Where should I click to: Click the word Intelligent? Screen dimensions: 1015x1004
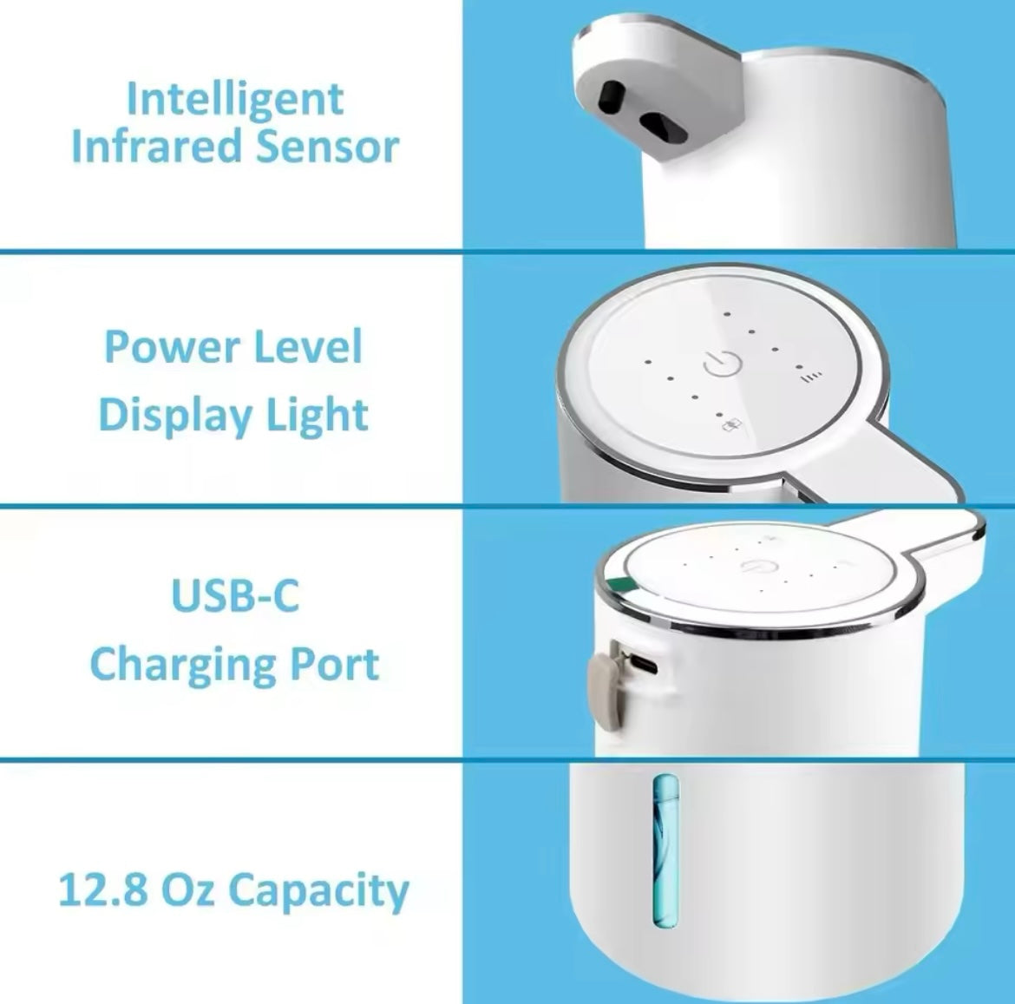pyautogui.click(x=235, y=101)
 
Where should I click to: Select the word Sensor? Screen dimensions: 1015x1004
pyautogui.click(x=327, y=147)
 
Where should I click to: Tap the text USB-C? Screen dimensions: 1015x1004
pyautogui.click(x=236, y=595)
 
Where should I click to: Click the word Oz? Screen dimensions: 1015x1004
pyautogui.click(x=187, y=889)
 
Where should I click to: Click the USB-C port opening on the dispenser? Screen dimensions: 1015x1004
pyautogui.click(x=644, y=664)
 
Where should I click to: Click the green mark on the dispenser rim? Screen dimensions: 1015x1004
pyautogui.click(x=624, y=585)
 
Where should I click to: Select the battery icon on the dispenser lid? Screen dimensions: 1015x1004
pyautogui.click(x=733, y=426)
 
